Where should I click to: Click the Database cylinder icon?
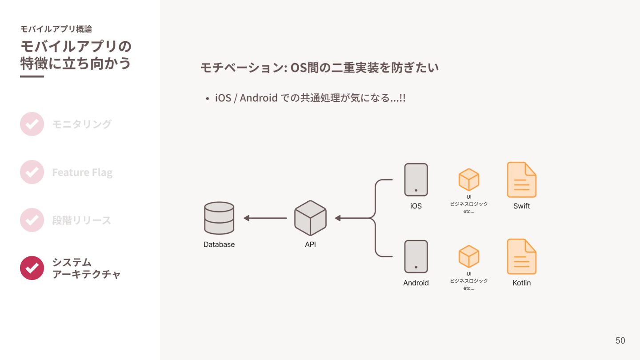[x=219, y=218]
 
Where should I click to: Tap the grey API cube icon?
[x=310, y=218]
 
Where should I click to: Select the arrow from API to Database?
[x=265, y=218]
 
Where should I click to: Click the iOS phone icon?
[x=416, y=180]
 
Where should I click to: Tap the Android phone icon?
[x=416, y=256]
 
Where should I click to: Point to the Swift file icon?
[x=522, y=180]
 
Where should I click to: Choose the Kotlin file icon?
[x=522, y=256]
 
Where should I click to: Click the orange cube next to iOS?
[x=469, y=180]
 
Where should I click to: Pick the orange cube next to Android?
[x=469, y=256]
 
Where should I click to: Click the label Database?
[x=219, y=244]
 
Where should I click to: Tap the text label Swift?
[x=522, y=206]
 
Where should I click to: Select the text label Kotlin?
[x=522, y=283]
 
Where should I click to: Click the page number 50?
[x=620, y=340]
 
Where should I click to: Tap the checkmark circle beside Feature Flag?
[x=32, y=172]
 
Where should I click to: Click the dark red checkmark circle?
[x=32, y=268]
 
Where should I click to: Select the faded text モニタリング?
[x=82, y=124]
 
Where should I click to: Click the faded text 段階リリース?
[x=82, y=220]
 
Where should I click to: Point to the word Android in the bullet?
[x=259, y=98]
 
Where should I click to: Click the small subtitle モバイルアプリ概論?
[x=56, y=29]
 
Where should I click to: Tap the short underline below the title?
[x=32, y=76]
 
